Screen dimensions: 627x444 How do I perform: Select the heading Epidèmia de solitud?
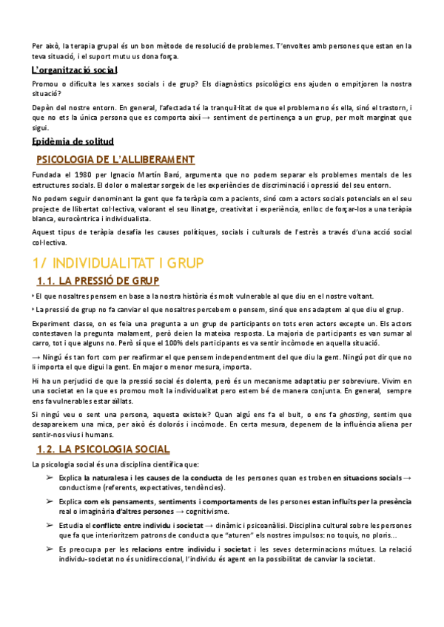[x=73, y=141]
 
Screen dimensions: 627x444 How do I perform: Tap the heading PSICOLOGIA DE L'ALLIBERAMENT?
[x=115, y=160]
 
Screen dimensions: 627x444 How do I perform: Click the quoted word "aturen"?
[x=212, y=535]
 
